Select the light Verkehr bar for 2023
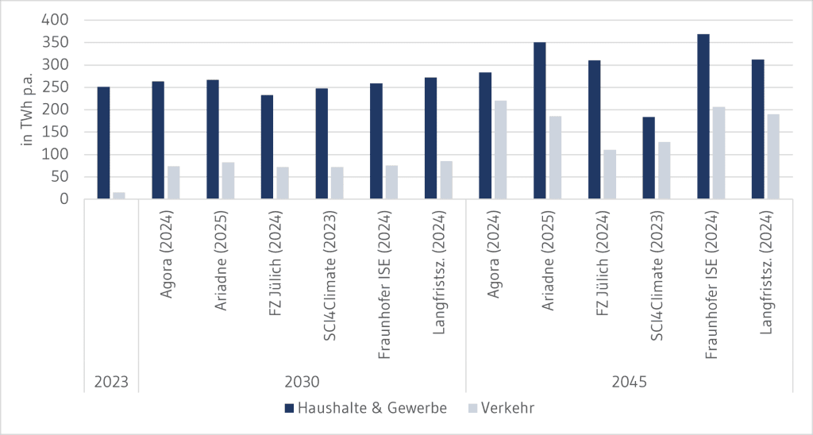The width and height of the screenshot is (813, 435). [119, 195]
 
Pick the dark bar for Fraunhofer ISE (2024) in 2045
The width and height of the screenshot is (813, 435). [703, 117]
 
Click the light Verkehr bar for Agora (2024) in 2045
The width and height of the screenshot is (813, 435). [500, 150]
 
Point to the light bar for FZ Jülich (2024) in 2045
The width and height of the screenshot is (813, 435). [610, 175]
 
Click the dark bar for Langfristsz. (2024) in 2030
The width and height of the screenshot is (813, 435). [430, 138]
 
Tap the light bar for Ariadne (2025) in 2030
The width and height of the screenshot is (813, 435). [228, 181]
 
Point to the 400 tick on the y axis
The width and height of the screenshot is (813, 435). [60, 20]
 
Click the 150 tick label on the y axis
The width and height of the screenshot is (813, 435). [60, 132]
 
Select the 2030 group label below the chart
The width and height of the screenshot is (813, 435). [302, 382]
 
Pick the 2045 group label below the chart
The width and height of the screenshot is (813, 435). [629, 382]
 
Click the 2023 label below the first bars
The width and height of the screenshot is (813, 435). [111, 382]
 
